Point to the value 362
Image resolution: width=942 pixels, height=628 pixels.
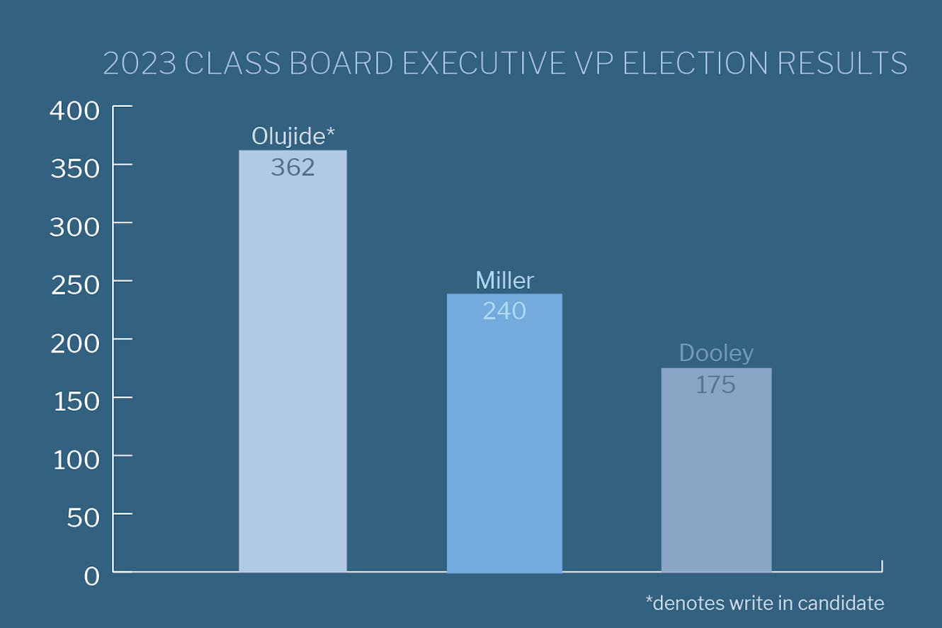tap(293, 168)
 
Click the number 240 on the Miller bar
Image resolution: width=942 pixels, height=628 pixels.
tap(504, 311)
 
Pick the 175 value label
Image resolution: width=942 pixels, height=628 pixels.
tap(715, 385)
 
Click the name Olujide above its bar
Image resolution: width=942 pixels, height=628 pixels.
tap(293, 136)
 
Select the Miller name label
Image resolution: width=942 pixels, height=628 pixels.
tap(504, 280)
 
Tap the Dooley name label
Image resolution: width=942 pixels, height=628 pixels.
tap(716, 353)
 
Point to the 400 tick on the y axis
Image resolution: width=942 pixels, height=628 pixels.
tap(74, 110)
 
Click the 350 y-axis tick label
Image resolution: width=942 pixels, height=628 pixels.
tap(74, 169)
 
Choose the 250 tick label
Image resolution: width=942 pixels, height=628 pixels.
tap(74, 285)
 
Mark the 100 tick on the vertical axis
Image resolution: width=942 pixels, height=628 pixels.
tap(76, 459)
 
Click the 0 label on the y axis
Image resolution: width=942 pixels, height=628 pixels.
tap(92, 576)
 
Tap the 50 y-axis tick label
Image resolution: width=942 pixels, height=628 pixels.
tap(84, 518)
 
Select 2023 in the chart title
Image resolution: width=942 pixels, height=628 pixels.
tap(140, 64)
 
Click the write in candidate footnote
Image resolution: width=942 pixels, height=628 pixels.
tap(765, 603)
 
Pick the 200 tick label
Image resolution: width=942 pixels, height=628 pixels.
tap(74, 343)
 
